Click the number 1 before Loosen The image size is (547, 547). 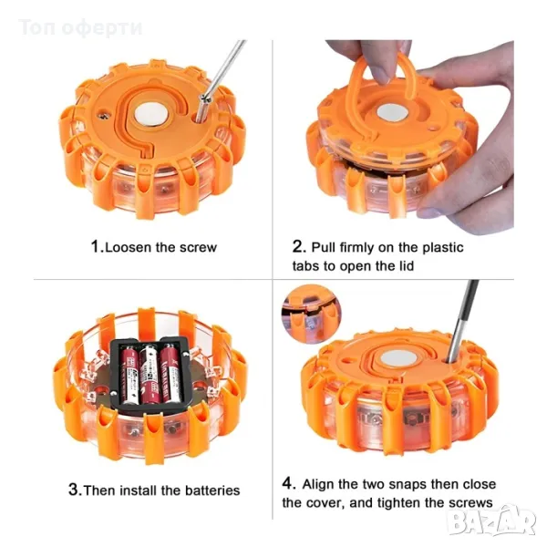(x=95, y=246)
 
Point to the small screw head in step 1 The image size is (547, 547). (x=102, y=114)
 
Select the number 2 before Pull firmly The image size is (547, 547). (x=299, y=246)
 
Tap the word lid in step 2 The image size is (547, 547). (x=407, y=266)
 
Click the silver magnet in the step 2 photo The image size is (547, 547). (x=392, y=114)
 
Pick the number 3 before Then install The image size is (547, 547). (x=75, y=490)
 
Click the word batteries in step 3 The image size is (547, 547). (x=212, y=490)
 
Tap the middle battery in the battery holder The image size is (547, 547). (x=150, y=373)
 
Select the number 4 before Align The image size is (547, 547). (x=288, y=483)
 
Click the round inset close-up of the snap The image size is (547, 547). (x=311, y=314)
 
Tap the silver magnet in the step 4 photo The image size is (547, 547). (x=397, y=358)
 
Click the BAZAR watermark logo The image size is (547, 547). (x=492, y=521)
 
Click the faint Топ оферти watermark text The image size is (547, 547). (x=80, y=27)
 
